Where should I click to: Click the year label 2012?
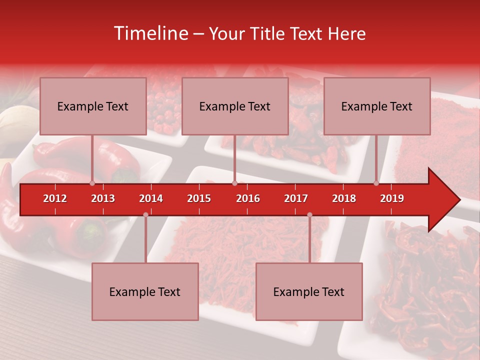[55, 198]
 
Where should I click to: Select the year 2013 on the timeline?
[103, 198]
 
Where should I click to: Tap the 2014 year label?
[151, 198]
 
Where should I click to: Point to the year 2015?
[199, 198]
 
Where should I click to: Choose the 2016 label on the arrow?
[248, 198]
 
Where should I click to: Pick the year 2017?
[296, 198]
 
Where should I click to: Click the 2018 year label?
[344, 198]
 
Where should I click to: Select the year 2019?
[392, 198]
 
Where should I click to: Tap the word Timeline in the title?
[150, 33]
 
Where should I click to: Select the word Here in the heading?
[346, 33]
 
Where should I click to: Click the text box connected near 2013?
[93, 106]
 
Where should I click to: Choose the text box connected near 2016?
[235, 106]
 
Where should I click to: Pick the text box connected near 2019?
[377, 106]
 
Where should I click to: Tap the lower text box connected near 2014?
[145, 291]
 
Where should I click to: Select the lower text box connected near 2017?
[309, 291]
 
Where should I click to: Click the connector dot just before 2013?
[92, 183]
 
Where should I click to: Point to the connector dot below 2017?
[309, 215]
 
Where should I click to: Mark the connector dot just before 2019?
[376, 183]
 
